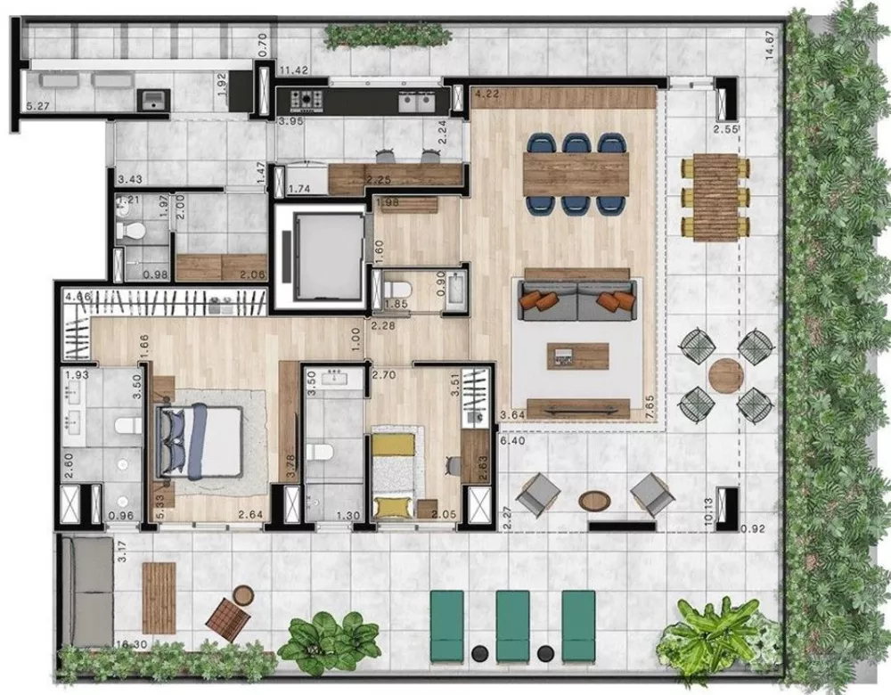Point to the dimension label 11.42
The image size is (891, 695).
294,69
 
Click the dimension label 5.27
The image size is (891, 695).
38,108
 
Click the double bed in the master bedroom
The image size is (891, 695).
200,442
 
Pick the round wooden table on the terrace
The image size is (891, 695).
726,375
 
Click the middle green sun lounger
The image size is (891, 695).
512,626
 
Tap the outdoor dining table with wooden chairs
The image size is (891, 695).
715,196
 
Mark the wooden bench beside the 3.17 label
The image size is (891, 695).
159,597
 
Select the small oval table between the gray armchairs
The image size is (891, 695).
593,500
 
